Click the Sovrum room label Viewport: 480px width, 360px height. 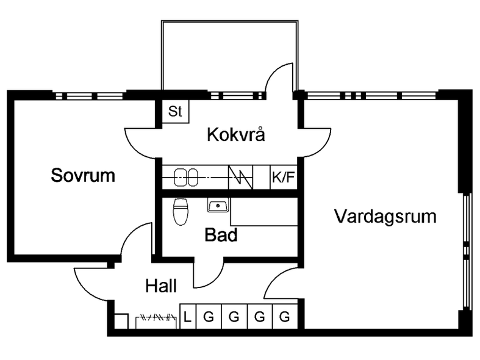tap(83, 176)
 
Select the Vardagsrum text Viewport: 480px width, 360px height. tap(385, 216)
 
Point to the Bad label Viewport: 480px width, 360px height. tap(220, 235)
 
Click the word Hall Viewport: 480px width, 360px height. tap(161, 286)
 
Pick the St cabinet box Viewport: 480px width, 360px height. tap(176, 112)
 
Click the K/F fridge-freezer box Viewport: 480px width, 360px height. tap(283, 178)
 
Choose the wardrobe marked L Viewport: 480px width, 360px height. tap(188, 317)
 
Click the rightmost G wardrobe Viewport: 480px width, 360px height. tap(284, 317)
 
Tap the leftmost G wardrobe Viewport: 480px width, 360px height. tap(209, 317)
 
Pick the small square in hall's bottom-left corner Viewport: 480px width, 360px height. tap(121, 322)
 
